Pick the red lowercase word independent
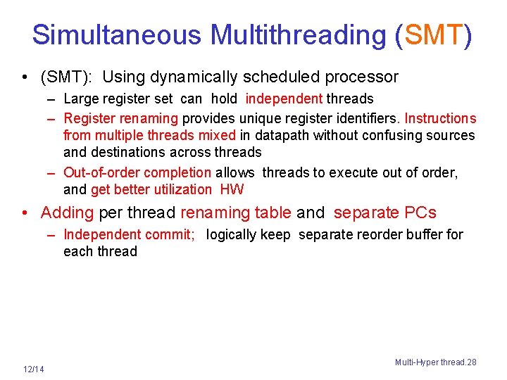(284, 99)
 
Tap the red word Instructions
(440, 118)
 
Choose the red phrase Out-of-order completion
(137, 172)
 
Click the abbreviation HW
(232, 189)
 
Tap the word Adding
(67, 213)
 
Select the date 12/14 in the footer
(33, 369)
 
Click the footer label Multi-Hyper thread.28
(435, 362)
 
